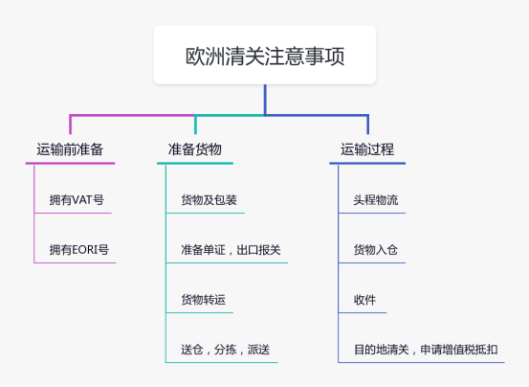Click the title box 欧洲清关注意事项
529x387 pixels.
click(x=265, y=56)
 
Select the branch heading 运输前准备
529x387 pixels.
click(x=70, y=149)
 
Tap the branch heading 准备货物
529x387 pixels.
click(x=195, y=149)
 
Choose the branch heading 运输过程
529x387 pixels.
click(x=367, y=149)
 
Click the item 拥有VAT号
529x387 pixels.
click(x=77, y=201)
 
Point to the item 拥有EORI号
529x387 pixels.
click(x=79, y=251)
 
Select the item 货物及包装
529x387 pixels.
click(x=209, y=201)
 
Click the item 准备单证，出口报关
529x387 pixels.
click(x=231, y=251)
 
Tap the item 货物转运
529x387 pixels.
click(x=203, y=301)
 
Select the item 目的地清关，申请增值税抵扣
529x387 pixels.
click(x=426, y=350)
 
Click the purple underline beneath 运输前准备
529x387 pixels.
click(x=70, y=164)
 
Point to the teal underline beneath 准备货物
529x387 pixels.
click(x=195, y=164)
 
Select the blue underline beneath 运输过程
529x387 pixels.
click(x=367, y=164)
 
